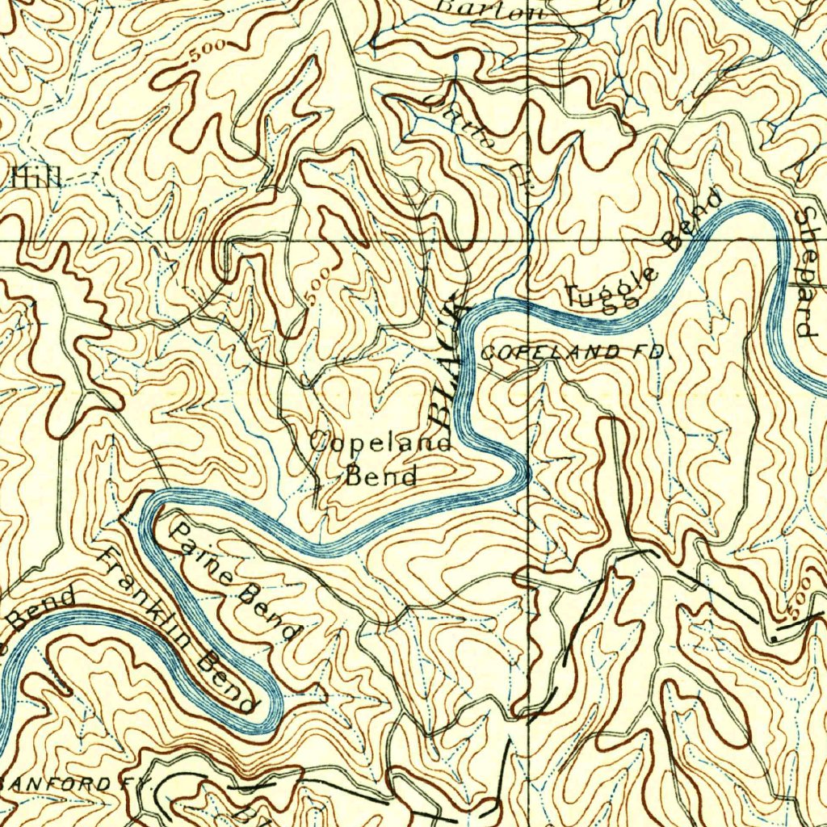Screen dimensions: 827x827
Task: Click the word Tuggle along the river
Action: (611, 288)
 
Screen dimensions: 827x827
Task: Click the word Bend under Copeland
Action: (381, 475)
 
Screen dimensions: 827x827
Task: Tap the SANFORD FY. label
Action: (69, 784)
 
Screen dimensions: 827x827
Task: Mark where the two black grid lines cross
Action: (528, 241)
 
